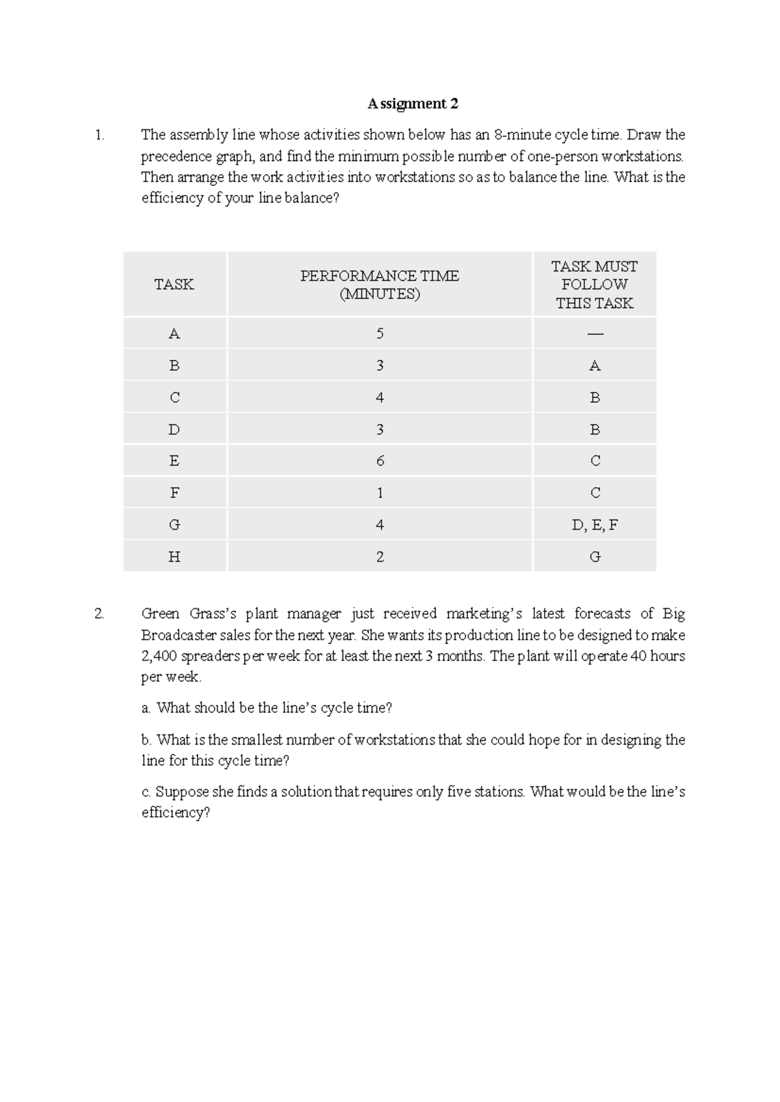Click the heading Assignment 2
pyautogui.click(x=413, y=104)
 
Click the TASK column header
pyautogui.click(x=174, y=285)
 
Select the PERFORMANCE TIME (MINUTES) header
pyautogui.click(x=380, y=285)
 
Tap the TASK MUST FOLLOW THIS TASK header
pyautogui.click(x=594, y=285)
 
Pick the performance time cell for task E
pyautogui.click(x=380, y=461)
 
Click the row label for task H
pyautogui.click(x=174, y=557)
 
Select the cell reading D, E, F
pyautogui.click(x=594, y=525)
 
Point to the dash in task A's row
pyautogui.click(x=594, y=334)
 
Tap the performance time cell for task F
pyautogui.click(x=380, y=493)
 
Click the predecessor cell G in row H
pyautogui.click(x=594, y=557)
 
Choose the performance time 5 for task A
pyautogui.click(x=380, y=334)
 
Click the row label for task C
pyautogui.click(x=174, y=398)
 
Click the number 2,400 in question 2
pyautogui.click(x=159, y=656)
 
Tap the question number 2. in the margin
pyautogui.click(x=99, y=614)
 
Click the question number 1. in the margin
pyautogui.click(x=99, y=135)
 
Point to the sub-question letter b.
pyautogui.click(x=146, y=740)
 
